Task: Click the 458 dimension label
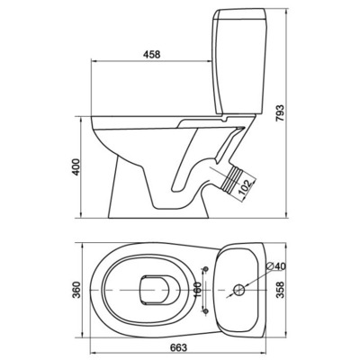[x=152, y=54]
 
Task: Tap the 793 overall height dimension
[x=280, y=113]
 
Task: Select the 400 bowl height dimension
[x=77, y=166]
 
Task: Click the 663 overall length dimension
[x=178, y=347]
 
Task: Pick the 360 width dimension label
[x=77, y=290]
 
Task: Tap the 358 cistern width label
[x=280, y=290]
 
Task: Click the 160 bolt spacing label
[x=197, y=290]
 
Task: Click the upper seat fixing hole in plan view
[x=206, y=269]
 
